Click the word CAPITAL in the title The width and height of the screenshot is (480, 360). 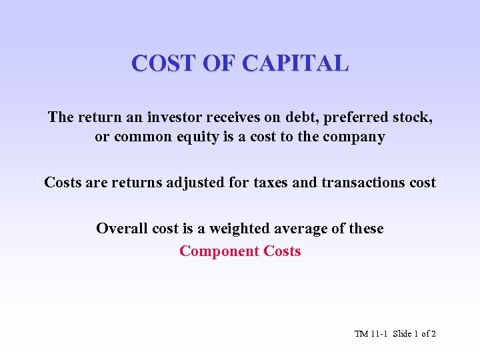point(295,63)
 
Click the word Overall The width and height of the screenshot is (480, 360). point(121,229)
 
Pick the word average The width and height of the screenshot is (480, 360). point(302,229)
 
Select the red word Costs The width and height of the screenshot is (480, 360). point(283,251)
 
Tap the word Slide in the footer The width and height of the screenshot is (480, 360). point(402,333)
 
